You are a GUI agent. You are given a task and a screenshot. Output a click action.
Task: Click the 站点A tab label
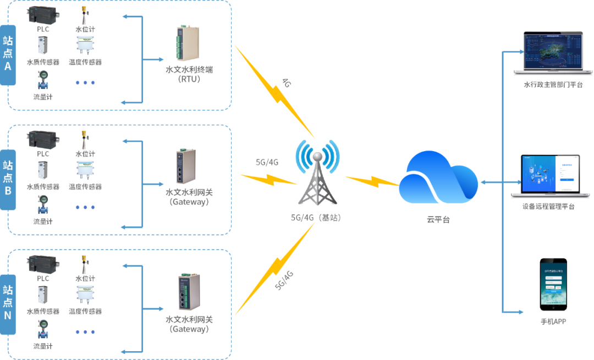(8, 54)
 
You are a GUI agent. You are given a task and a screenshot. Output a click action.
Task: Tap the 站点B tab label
(8, 179)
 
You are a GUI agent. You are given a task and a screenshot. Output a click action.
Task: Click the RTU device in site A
(186, 43)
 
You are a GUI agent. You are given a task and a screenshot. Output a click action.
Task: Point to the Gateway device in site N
(186, 292)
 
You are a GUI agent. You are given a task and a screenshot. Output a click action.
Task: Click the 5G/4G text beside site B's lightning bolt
(267, 163)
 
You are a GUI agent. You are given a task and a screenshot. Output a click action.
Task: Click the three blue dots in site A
(85, 82)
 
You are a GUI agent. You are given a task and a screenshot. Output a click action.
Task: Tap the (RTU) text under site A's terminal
(189, 79)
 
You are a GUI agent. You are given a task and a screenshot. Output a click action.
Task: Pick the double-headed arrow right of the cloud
(491, 181)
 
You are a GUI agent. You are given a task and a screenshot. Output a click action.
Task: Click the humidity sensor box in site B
(85, 170)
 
